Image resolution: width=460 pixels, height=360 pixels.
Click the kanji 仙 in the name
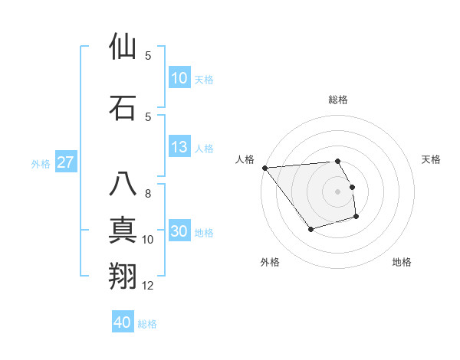tap(123, 47)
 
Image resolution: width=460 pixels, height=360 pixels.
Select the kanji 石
tap(123, 107)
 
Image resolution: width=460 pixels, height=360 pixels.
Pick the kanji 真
tap(123, 230)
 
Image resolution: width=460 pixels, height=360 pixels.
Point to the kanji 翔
tap(123, 276)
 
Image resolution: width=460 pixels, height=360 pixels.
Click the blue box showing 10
tap(179, 78)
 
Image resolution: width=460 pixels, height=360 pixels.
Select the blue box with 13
tap(179, 147)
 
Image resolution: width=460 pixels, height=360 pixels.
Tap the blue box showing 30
tap(179, 232)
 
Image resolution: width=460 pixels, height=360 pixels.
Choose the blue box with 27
tap(66, 162)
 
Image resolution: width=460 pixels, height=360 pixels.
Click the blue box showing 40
tap(123, 322)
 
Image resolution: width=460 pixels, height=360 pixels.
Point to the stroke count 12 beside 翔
tap(149, 286)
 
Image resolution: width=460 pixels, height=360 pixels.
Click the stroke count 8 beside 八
tap(148, 194)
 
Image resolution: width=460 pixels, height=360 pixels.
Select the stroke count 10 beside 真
tap(149, 240)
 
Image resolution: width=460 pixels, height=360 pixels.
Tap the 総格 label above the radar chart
tap(338, 100)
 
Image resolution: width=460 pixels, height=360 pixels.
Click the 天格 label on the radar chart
tap(432, 159)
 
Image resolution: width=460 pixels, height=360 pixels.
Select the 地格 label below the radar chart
tap(402, 262)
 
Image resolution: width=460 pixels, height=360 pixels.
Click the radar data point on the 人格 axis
tap(264, 168)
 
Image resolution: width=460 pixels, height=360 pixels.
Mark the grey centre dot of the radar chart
tap(338, 191)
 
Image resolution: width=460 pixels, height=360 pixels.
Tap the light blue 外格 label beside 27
tap(41, 163)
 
